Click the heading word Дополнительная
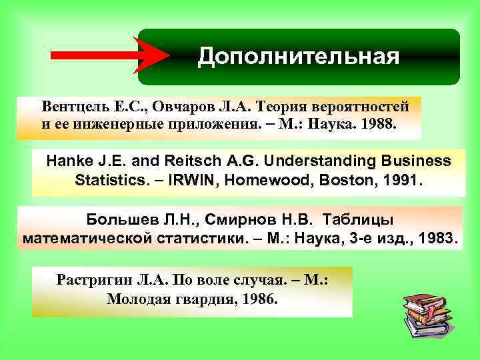pyautogui.click(x=298, y=57)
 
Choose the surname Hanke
pyautogui.click(x=67, y=161)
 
